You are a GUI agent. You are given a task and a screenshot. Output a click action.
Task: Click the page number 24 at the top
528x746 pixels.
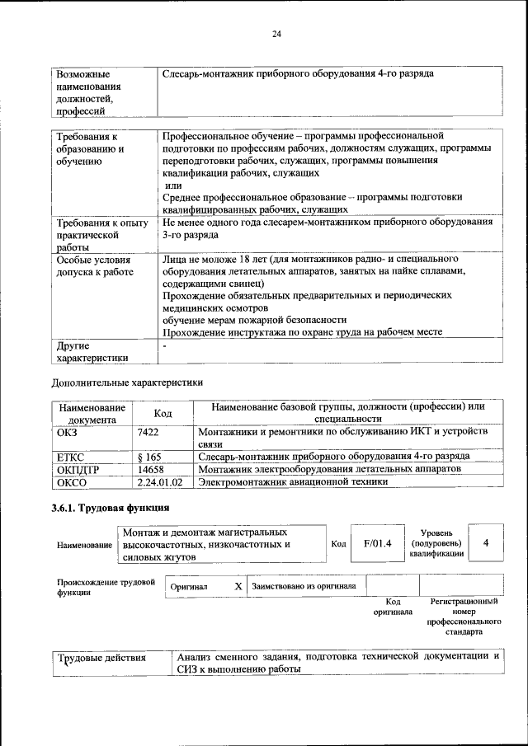pyautogui.click(x=276, y=34)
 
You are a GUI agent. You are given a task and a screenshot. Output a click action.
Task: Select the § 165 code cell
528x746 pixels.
pyautogui.click(x=150, y=456)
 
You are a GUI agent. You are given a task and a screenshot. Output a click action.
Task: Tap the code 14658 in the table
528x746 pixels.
pyautogui.click(x=153, y=468)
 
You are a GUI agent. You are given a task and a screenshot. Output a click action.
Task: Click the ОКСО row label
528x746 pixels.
pyautogui.click(x=72, y=481)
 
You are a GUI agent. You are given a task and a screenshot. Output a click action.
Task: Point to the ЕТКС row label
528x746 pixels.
pyautogui.click(x=71, y=456)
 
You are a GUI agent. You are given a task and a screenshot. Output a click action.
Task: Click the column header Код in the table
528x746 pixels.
pyautogui.click(x=163, y=413)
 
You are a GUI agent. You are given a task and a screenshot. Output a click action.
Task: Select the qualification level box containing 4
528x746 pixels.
pyautogui.click(x=486, y=542)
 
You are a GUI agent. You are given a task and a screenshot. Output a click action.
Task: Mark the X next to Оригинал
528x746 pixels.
pyautogui.click(x=238, y=586)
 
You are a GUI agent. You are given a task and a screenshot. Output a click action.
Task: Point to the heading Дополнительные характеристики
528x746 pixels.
pyautogui.click(x=126, y=382)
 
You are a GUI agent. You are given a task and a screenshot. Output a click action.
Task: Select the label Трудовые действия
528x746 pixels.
pyautogui.click(x=101, y=658)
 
